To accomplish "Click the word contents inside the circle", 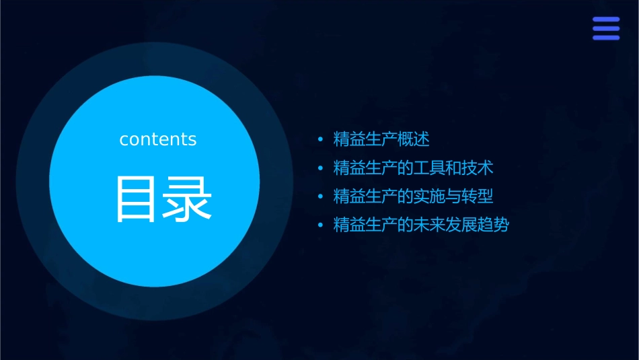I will pyautogui.click(x=158, y=139).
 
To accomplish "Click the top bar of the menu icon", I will pyautogui.click(x=605, y=20).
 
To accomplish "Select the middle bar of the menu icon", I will pyautogui.click(x=605, y=28).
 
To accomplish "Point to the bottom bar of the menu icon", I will pyautogui.click(x=605, y=37).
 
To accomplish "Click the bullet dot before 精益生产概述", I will pyautogui.click(x=321, y=140).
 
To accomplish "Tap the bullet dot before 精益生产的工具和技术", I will pyautogui.click(x=321, y=168).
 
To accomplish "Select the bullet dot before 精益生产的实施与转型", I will pyautogui.click(x=321, y=197).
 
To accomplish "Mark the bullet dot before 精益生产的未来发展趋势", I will pyautogui.click(x=321, y=225).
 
